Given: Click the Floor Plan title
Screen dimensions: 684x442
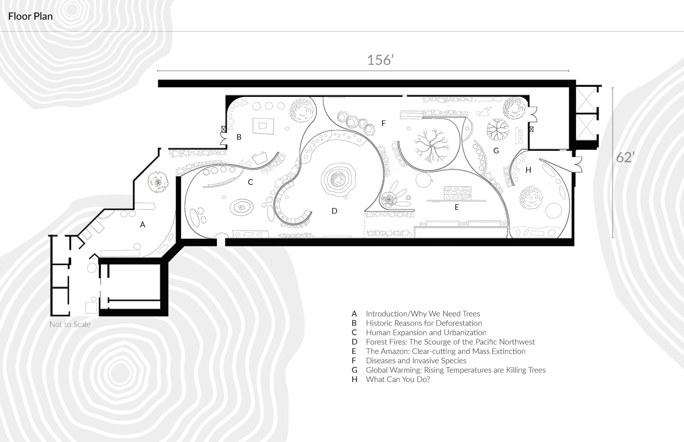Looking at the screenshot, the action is [30, 16].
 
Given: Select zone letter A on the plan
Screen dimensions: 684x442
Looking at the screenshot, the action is [142, 225].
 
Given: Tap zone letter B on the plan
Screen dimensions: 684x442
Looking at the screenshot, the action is [239, 137].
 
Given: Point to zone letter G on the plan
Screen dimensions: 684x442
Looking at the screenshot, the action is [496, 151].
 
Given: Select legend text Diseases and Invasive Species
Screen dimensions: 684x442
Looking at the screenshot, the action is [416, 361].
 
